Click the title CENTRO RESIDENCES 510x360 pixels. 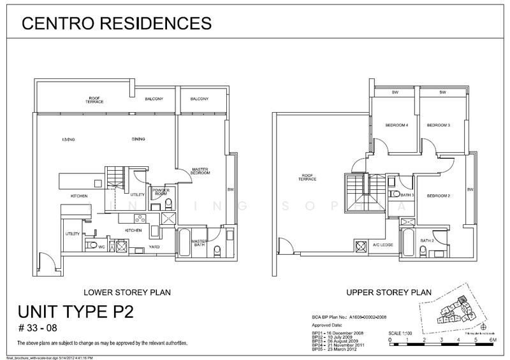pos(116,24)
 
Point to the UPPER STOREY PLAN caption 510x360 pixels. pos(388,293)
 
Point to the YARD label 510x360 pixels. pos(155,243)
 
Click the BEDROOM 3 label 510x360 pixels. pos(439,125)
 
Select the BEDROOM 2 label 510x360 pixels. pos(439,195)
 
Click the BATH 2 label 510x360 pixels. pos(426,240)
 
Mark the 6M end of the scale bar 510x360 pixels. pos(492,341)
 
